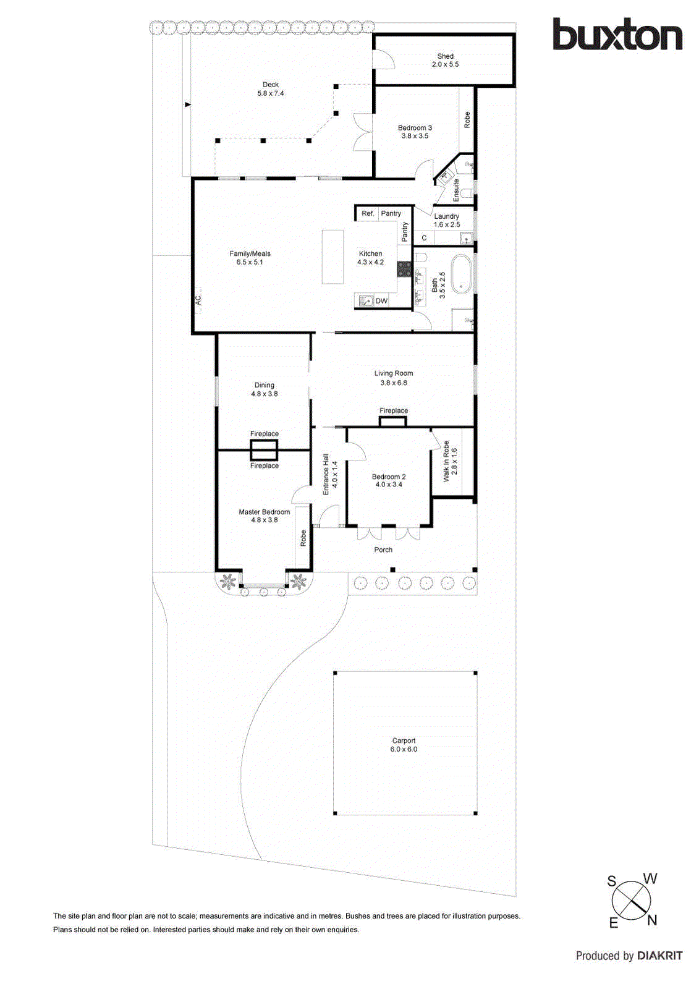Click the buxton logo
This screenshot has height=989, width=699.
point(617,35)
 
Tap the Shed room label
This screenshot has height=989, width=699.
point(445,60)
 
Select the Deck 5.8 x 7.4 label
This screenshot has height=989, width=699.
point(271,89)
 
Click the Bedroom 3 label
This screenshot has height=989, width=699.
point(415,132)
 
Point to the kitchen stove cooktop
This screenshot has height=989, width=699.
point(404,268)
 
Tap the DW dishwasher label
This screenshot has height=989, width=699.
point(381,301)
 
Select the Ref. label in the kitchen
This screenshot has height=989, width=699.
point(368,213)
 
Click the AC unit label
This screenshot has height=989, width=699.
point(198,300)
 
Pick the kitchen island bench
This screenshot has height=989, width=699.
point(333,257)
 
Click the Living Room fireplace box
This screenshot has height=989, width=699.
point(393,422)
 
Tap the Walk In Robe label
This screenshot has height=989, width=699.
point(450,461)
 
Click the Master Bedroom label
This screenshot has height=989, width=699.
point(264,516)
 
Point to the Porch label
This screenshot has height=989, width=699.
point(383,550)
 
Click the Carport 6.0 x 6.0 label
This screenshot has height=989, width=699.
point(404,745)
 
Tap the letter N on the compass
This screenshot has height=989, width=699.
point(651,920)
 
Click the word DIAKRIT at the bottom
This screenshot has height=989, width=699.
point(659,956)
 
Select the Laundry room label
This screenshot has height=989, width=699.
point(446,220)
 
